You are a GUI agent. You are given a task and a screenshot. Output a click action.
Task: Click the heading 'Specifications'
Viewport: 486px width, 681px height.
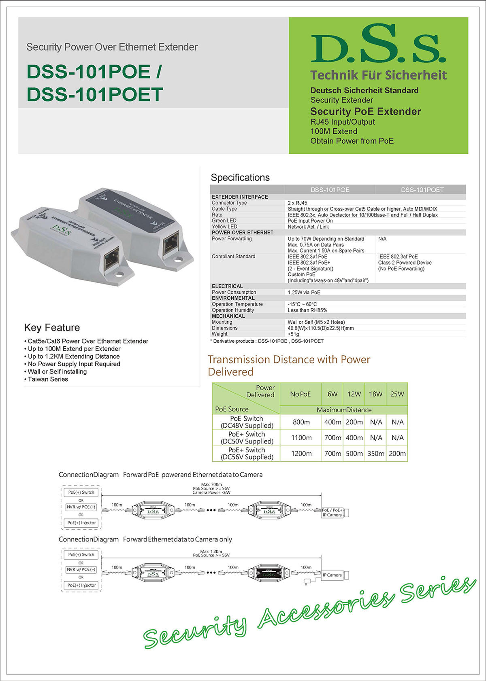240,178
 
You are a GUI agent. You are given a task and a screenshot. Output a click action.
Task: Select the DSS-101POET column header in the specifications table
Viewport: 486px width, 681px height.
422,190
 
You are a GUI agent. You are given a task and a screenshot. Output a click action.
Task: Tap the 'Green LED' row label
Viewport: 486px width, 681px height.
224,221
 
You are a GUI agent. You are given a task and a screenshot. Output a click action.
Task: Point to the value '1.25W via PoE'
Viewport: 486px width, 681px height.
304,293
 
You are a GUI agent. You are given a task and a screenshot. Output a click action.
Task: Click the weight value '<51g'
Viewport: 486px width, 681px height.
293,334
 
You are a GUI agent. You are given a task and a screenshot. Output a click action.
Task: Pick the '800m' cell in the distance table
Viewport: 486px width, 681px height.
301,422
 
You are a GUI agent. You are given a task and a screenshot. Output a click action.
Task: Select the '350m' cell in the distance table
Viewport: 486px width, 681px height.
375,454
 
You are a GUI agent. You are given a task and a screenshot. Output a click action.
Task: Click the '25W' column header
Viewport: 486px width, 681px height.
397,394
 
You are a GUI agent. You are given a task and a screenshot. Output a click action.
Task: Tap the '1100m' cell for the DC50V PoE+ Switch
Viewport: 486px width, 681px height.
301,438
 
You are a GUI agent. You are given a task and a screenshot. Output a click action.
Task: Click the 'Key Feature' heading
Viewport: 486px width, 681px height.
52,328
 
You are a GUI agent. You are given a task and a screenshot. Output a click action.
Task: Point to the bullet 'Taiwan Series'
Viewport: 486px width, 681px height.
48,380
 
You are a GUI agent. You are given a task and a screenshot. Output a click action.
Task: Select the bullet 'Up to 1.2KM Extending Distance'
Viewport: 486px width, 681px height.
74,356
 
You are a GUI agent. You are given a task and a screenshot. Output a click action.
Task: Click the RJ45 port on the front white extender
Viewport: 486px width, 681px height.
111,259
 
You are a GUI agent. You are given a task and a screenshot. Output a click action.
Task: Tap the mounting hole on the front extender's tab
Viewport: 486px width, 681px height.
119,275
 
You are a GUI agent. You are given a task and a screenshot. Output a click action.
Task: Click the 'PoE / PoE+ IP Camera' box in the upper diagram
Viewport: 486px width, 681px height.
332,513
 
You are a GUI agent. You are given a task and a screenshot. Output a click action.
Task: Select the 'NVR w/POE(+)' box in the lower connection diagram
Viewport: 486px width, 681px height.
81,569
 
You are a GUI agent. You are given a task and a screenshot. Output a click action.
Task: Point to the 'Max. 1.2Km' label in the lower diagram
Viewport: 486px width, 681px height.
211,552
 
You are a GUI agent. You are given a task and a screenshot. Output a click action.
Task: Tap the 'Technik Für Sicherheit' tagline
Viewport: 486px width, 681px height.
378,75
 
